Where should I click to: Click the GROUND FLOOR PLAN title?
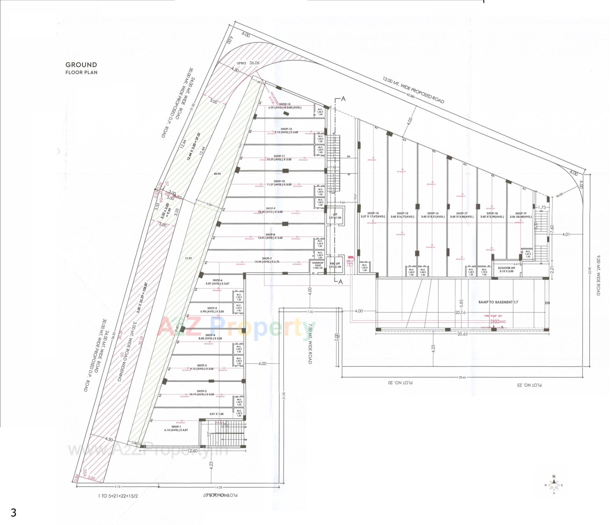pos(81,68)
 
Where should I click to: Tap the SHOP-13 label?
pos(285,104)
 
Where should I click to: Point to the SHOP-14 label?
pos(373,213)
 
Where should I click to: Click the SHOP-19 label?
pos(520,213)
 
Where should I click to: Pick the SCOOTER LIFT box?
pos(506,269)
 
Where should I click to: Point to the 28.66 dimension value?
pos(462,377)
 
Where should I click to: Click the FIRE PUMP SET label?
pos(493,316)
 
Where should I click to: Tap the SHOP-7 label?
pos(267,258)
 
